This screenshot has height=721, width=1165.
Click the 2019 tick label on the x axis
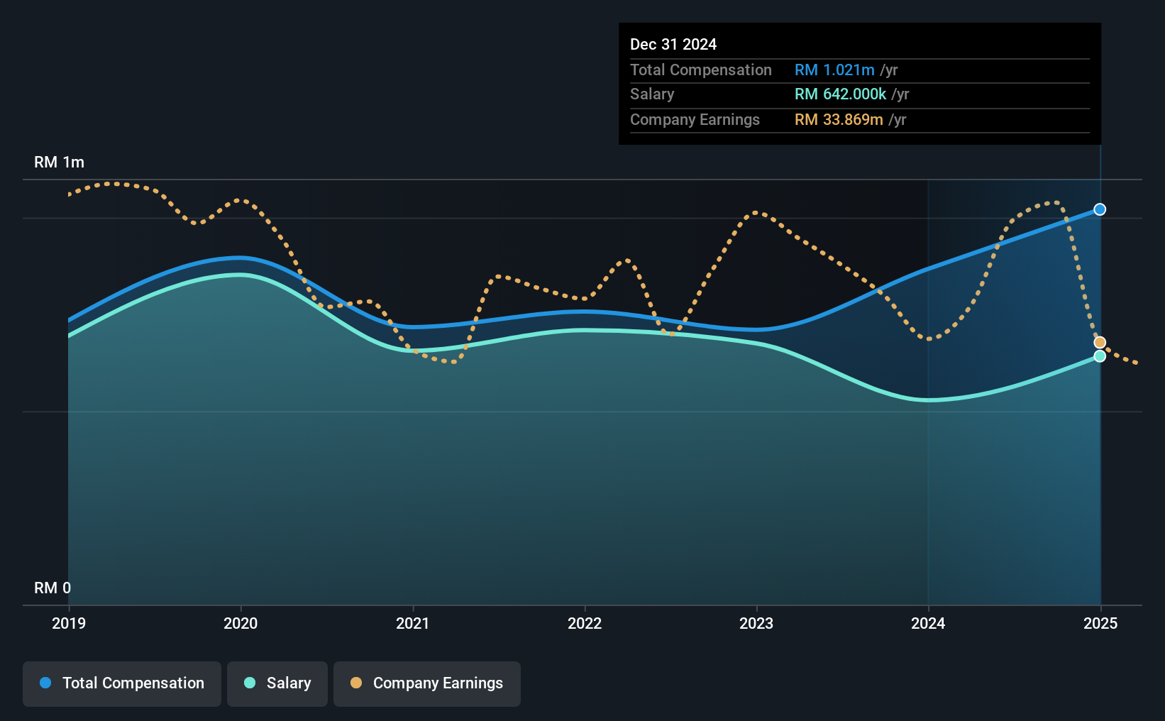pos(69,623)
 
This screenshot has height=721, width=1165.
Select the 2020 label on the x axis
pos(241,623)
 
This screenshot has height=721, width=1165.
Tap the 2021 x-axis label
pos(412,623)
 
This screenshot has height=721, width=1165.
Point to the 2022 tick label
pos(585,623)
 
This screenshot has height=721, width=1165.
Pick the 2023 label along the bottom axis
pos(756,623)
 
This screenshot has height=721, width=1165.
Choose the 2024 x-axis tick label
pos(928,623)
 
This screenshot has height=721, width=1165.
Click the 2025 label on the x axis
pos(1100,623)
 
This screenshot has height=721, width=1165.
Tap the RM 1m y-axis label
pos(60,163)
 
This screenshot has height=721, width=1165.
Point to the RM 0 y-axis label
pos(53,588)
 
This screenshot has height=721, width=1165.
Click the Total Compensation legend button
pos(122,683)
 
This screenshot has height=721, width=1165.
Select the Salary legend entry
pos(277,683)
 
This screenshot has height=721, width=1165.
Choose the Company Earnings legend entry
pos(427,683)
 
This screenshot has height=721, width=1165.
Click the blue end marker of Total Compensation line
pos(1100,209)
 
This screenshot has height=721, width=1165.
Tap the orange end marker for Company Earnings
pos(1100,342)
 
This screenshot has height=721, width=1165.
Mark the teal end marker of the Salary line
pos(1100,356)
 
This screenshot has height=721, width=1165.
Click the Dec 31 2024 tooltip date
pos(673,44)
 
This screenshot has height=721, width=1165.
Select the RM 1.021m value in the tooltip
pos(834,70)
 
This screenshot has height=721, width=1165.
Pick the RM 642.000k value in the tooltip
pos(840,94)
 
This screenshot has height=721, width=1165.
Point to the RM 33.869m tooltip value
pos(839,120)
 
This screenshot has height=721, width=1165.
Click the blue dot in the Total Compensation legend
pos(46,683)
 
